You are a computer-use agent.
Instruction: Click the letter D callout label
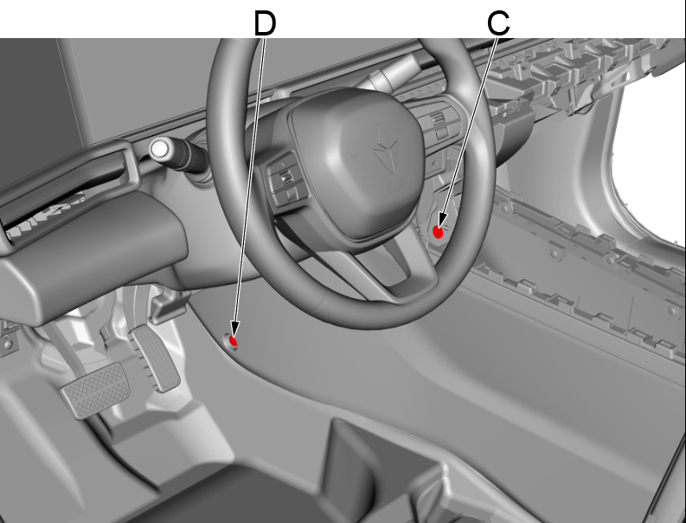pos(264,23)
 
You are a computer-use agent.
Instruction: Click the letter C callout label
pos(498,23)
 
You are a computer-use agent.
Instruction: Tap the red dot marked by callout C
pos(439,232)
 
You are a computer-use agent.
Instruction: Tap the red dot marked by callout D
pos(233,340)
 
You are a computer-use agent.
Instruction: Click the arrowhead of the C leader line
pos(441,224)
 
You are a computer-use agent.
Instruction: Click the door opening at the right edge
pos(653,173)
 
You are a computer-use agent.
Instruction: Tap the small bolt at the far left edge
pos(7,343)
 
